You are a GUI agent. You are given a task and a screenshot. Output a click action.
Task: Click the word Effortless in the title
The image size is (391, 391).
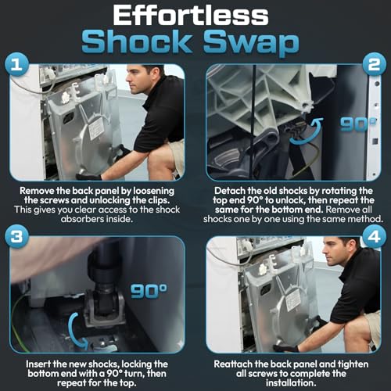click(x=191, y=16)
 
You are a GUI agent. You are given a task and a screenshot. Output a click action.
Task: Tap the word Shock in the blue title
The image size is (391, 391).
click(x=137, y=41)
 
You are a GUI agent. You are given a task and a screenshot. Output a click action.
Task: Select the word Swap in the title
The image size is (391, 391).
click(x=251, y=43)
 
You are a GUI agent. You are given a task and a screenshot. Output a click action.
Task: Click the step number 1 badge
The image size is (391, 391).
click(x=16, y=64)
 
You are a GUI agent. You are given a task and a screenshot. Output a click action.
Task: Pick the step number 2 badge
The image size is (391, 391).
click(x=374, y=64)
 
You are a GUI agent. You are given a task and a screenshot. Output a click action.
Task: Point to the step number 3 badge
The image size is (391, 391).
click(x=16, y=236)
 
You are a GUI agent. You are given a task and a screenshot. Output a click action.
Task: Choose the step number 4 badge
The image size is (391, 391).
click(x=374, y=236)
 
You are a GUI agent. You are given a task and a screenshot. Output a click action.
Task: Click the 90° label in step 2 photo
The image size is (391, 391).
click(x=358, y=124)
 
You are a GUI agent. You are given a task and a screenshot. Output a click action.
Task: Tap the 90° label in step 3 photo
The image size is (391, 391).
click(x=149, y=291)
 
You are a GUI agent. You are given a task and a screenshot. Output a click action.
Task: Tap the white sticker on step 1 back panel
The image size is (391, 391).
click(x=95, y=127)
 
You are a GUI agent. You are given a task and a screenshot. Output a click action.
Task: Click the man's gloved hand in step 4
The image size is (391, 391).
click(x=286, y=349)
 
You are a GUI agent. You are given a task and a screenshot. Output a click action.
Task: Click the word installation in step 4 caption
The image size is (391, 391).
click(x=291, y=382)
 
